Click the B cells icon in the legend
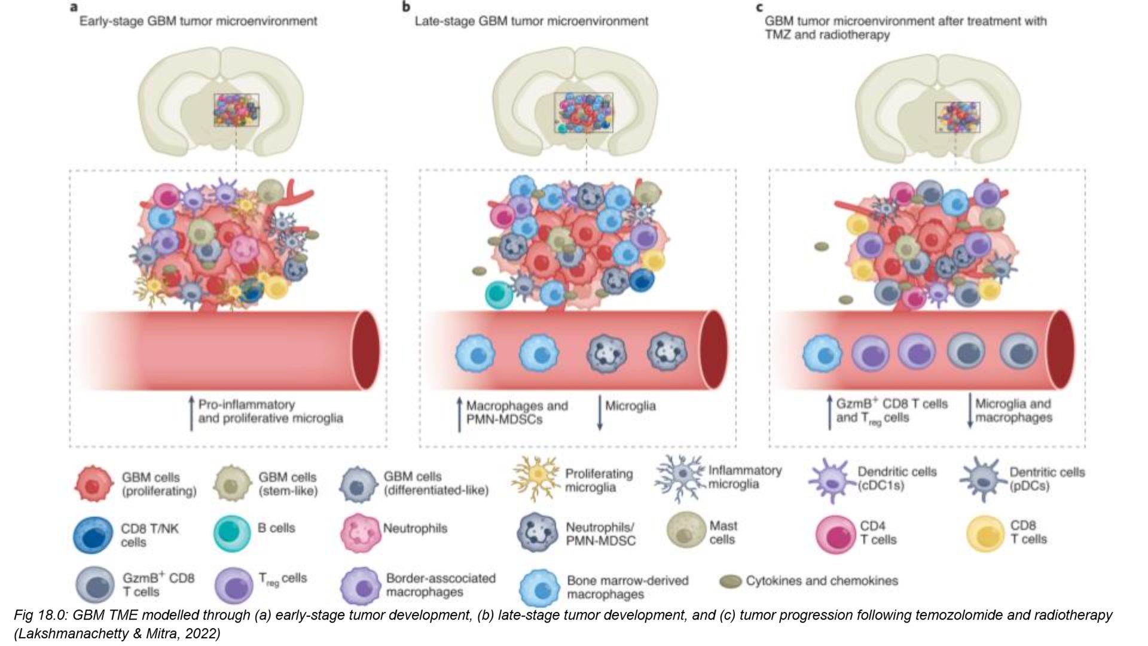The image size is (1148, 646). click(232, 532)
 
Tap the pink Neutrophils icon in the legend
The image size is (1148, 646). click(360, 534)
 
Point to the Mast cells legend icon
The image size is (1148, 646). click(686, 529)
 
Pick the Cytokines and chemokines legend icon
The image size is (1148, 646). click(730, 581)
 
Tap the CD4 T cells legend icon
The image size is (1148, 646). click(835, 533)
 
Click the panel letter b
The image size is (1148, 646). click(407, 7)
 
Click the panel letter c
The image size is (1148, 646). click(760, 8)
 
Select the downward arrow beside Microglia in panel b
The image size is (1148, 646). click(600, 413)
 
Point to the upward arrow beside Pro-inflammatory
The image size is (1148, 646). click(191, 413)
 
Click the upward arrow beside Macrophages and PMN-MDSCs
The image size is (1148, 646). click(459, 413)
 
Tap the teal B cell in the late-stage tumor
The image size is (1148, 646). click(501, 294)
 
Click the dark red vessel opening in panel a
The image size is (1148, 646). click(366, 351)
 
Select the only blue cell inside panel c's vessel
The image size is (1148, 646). click(822, 354)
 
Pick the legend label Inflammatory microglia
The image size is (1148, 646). click(745, 477)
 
